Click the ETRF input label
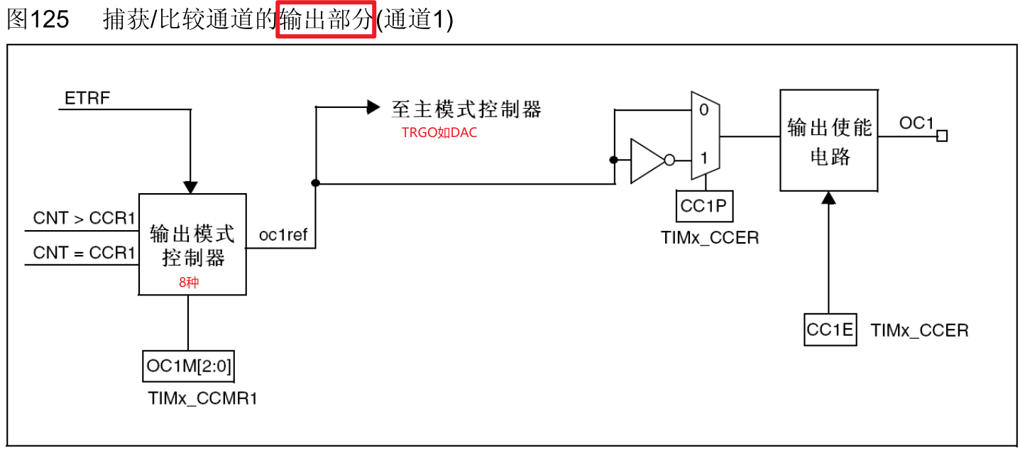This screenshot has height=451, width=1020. (87, 98)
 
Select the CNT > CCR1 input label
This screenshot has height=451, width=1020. (84, 219)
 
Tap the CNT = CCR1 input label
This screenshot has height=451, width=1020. (84, 253)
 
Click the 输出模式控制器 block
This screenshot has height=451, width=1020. (192, 244)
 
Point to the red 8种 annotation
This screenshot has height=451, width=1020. (189, 281)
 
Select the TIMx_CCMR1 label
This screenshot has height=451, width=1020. (202, 398)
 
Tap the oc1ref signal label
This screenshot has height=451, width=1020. (283, 235)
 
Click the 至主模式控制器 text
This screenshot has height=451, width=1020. (466, 109)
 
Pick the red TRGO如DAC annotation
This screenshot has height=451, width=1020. (439, 133)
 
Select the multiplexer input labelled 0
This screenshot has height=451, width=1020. (703, 110)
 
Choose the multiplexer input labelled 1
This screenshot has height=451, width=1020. (703, 158)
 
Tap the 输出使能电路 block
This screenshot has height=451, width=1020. (829, 141)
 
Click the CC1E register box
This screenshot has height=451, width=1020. (830, 330)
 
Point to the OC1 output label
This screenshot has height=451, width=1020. (916, 123)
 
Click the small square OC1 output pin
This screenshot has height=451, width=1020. (942, 136)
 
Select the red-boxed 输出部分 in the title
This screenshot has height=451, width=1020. (326, 20)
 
